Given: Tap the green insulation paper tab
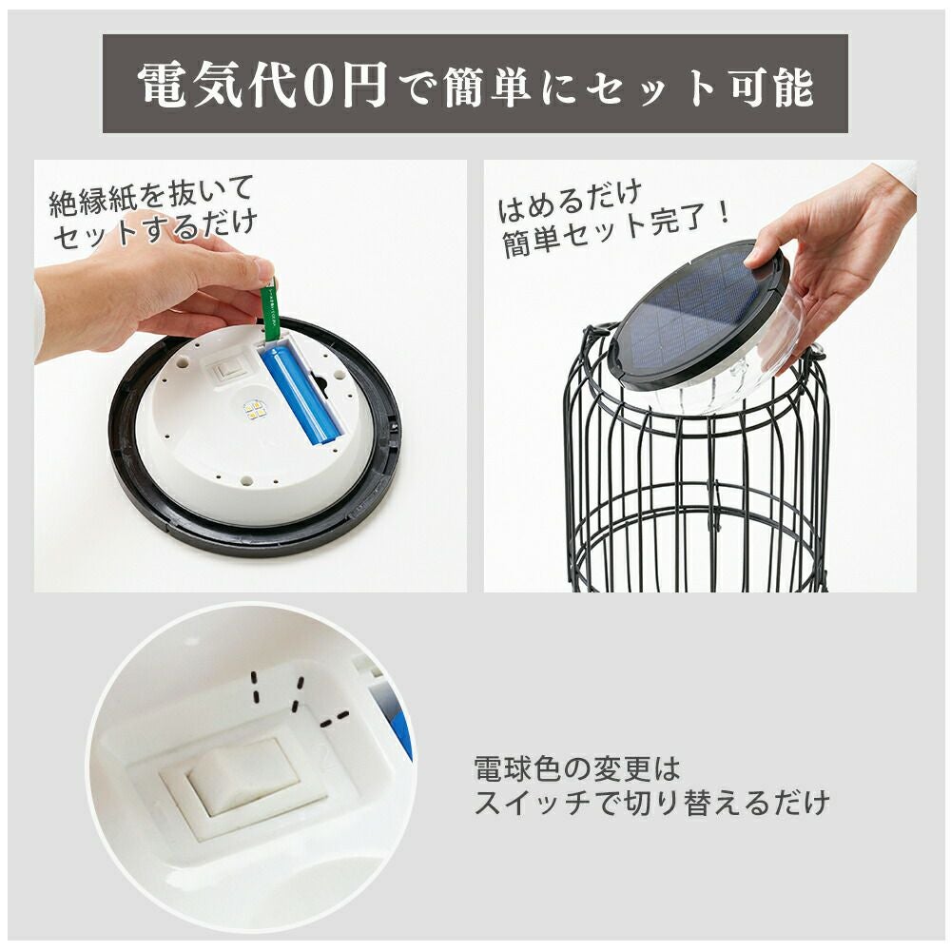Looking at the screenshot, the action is point(270,310).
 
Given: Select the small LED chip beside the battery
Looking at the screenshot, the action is point(255,411).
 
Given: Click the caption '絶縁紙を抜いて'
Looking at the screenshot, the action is point(150,196).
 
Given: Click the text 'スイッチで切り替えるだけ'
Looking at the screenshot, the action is point(651,804).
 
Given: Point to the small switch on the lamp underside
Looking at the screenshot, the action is point(230,369).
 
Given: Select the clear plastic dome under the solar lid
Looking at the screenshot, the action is point(728,382).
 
